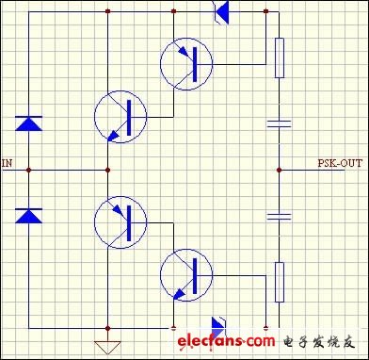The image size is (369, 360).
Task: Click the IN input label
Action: point(8,163)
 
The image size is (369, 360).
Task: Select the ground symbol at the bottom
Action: point(109,343)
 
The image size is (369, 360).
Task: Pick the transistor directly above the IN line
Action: point(120,117)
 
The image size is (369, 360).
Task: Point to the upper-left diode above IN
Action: point(28,123)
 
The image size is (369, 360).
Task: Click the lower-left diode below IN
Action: point(28,216)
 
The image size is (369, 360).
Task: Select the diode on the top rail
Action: point(223,11)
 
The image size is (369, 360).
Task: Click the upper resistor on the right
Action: point(280,57)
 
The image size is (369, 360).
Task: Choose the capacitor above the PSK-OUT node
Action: point(280,123)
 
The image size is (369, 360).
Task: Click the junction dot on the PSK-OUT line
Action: point(280,170)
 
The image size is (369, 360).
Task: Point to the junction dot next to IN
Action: point(28,170)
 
